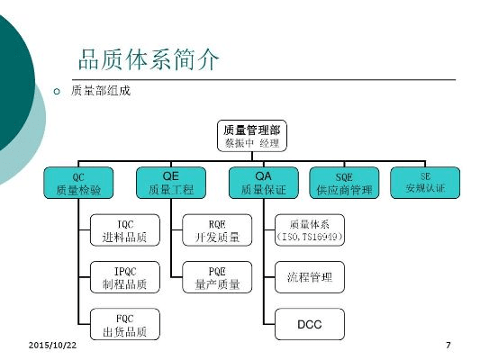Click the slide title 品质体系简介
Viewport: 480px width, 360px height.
[148, 61]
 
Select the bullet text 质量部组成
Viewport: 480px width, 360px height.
[102, 92]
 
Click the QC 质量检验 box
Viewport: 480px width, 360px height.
[78, 183]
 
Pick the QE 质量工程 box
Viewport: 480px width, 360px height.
[170, 183]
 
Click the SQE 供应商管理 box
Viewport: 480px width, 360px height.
[344, 183]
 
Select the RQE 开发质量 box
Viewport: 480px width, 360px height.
[217, 230]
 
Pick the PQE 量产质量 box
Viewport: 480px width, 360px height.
[217, 277]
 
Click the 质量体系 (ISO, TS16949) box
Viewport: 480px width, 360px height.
[309, 230]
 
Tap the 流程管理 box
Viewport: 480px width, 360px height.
[309, 277]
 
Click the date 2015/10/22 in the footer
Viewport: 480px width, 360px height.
[53, 346]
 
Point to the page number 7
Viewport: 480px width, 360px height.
[448, 346]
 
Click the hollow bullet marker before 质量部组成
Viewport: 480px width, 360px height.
[56, 93]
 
